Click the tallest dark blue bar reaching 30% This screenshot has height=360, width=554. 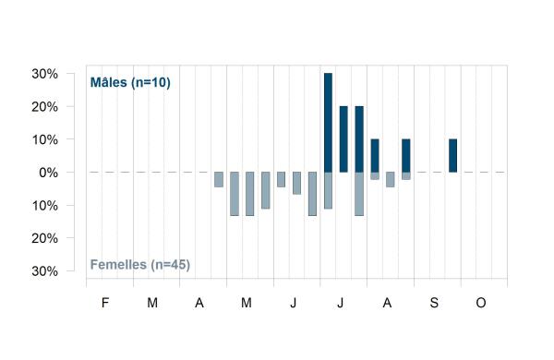pos(328,123)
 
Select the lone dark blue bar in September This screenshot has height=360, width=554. pos(453,155)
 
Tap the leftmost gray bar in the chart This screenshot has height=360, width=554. pos(219,179)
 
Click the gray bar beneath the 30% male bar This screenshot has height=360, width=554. pos(328,190)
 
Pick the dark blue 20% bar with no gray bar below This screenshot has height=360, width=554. pos(343,139)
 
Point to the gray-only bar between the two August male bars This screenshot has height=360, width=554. pos(391,179)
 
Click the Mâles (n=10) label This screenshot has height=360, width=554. pos(130,82)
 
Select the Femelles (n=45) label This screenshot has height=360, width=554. pos(140,264)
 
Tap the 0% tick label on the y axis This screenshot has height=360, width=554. pos(48,173)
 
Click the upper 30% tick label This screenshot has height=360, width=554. pos(45,74)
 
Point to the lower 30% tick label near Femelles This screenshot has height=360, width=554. pos(45,271)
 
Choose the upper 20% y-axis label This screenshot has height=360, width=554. pos(45,107)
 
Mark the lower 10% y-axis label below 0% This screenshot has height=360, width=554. pos(45,206)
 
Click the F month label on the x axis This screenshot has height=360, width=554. pos(105,303)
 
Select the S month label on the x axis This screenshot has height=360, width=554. pos(434,303)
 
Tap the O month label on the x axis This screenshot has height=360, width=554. pos(481,303)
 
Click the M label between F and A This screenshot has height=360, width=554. pos(152,303)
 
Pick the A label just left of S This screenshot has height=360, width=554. pos(387,303)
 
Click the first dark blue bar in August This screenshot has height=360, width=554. pos(375,155)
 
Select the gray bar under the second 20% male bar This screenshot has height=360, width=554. pos(359,194)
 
